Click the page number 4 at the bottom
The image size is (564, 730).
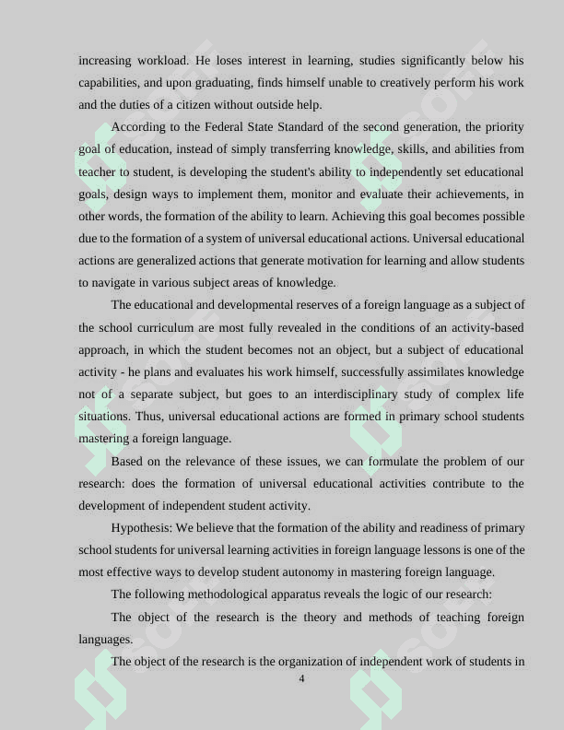coord(301,679)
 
